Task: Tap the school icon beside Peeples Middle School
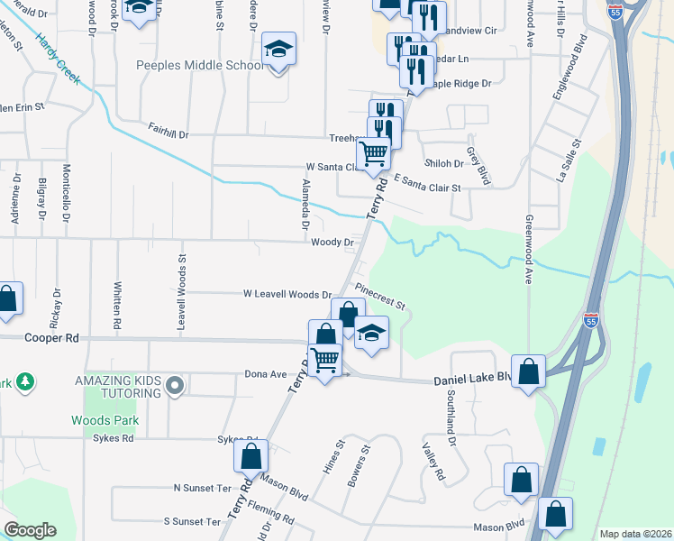pyautogui.click(x=279, y=50)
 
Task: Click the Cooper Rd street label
pyautogui.click(x=59, y=338)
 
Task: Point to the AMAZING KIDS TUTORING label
pyautogui.click(x=119, y=381)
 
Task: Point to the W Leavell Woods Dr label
pyautogui.click(x=287, y=295)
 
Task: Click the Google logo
pyautogui.click(x=30, y=530)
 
